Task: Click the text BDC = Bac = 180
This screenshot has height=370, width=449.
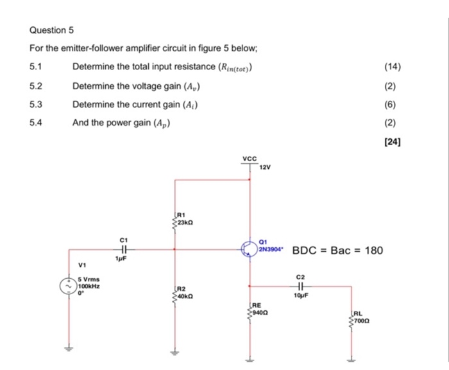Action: tap(337, 250)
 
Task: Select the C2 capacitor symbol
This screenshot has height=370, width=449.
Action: tap(302, 286)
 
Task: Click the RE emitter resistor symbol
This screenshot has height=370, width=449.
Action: tap(249, 313)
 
